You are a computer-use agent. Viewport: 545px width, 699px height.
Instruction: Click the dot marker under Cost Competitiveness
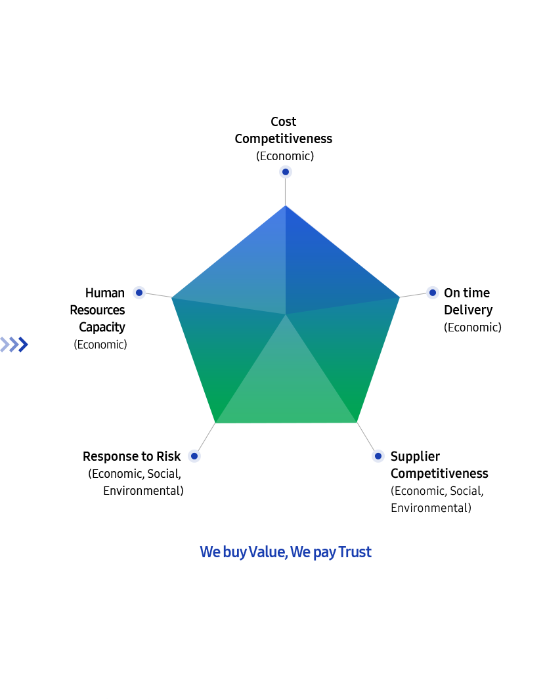click(286, 171)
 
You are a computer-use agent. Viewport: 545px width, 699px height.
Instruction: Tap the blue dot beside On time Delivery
click(432, 293)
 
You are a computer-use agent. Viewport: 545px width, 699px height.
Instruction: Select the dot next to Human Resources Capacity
click(139, 293)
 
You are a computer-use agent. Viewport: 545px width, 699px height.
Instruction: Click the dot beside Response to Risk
click(194, 456)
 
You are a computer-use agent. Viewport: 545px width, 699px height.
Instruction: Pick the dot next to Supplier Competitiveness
click(378, 456)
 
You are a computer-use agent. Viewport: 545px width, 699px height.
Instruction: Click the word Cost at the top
click(284, 121)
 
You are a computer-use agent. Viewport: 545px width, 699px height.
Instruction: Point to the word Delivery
click(468, 310)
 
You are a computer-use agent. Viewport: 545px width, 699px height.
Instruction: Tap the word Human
click(105, 293)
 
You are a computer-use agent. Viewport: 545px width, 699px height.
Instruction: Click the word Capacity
click(102, 328)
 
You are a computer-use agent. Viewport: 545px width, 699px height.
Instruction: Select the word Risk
click(169, 456)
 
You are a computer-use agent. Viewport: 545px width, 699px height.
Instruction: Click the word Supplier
click(415, 457)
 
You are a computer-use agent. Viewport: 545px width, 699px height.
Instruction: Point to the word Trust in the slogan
click(355, 552)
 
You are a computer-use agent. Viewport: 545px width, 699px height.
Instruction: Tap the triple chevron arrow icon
click(14, 345)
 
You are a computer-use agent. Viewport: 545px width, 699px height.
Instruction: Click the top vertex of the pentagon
click(286, 205)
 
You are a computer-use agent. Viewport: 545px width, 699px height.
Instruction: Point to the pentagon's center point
click(286, 314)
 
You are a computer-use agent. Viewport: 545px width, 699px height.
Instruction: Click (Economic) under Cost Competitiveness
click(285, 156)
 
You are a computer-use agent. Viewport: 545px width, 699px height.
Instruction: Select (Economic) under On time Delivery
click(473, 328)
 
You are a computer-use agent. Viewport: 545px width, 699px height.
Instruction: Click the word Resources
click(98, 310)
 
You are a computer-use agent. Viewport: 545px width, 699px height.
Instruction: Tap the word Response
click(112, 457)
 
